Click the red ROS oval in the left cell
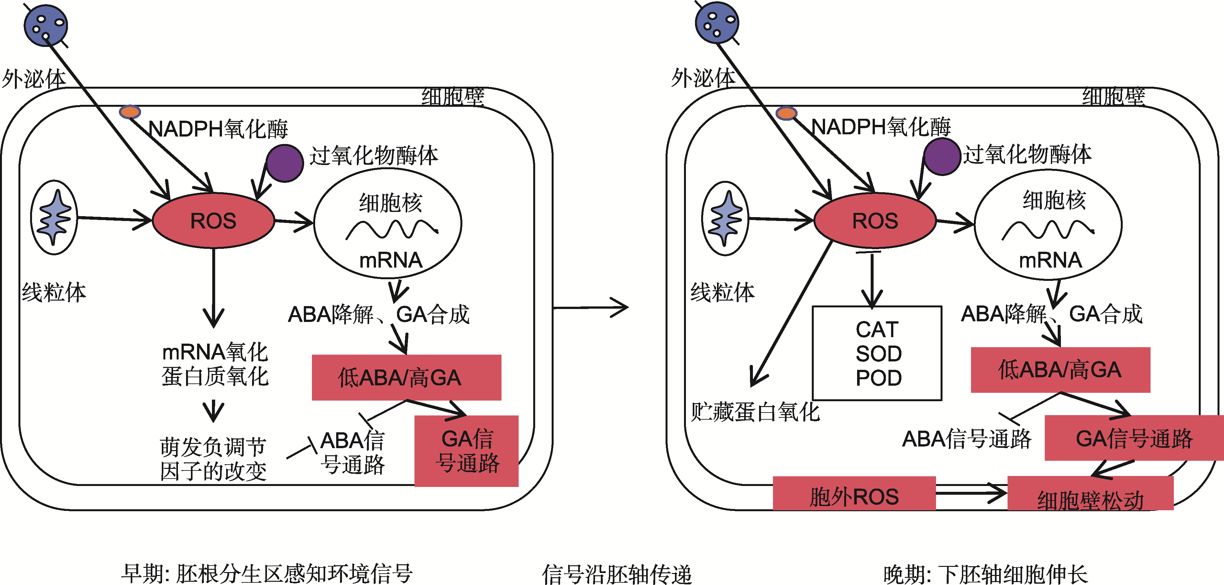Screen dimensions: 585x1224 pos(213,220)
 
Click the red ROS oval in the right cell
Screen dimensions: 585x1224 pos(875,220)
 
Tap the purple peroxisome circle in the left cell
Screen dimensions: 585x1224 pos(285,163)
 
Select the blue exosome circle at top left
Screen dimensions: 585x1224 pos(46,26)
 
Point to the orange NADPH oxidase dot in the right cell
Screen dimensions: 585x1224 pos(786,113)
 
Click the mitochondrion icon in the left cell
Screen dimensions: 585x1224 pos(54,218)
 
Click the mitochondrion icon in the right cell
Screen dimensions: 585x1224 pos(725,219)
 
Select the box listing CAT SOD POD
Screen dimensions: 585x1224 pos(877,353)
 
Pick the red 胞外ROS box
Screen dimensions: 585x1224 pos(854,494)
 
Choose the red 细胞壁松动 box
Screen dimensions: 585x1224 pos(1090,494)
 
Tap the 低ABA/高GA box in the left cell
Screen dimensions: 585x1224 pos(406,377)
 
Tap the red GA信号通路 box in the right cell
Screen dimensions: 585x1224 pos(1134,438)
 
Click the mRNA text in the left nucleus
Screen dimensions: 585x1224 pos(391,260)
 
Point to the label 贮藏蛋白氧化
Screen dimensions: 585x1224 pos(755,412)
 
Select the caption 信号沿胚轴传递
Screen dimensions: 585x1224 pos(617,574)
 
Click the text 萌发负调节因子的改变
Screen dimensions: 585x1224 pos(213,458)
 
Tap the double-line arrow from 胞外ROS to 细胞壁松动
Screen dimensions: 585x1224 pos(971,493)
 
